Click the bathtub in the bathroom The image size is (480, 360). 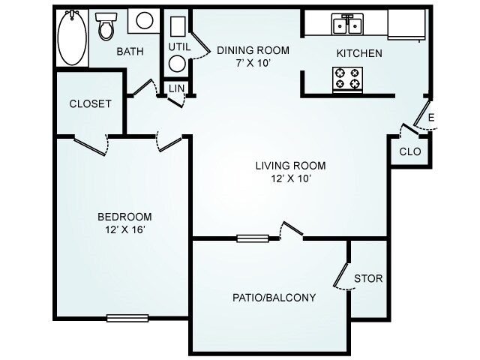(72, 37)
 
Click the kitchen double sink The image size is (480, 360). (347, 24)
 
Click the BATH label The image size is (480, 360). (130, 52)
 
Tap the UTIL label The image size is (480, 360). (179, 46)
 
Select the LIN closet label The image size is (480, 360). (177, 88)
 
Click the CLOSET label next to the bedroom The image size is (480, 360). (90, 103)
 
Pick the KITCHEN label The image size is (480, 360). (359, 53)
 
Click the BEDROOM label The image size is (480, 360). (124, 217)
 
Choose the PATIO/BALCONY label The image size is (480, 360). (273, 297)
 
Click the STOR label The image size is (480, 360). (368, 278)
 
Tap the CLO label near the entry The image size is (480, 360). (409, 151)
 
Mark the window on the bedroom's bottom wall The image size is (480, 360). (122, 318)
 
